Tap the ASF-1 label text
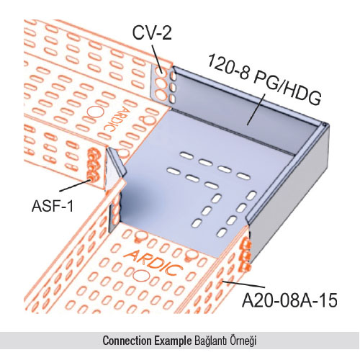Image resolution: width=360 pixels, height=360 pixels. pyautogui.click(x=53, y=206)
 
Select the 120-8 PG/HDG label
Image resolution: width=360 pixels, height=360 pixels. pyautogui.click(x=264, y=79)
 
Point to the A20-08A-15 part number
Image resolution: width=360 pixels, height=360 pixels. pyautogui.click(x=289, y=300)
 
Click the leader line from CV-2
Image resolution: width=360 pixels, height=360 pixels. pyautogui.click(x=158, y=60)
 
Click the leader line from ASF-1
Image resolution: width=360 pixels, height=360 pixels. pyautogui.click(x=75, y=185)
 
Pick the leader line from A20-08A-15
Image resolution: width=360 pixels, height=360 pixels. pyautogui.click(x=243, y=284)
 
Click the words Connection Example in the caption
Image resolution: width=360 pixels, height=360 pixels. pyautogui.click(x=147, y=341)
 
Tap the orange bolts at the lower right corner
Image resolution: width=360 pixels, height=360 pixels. pyautogui.click(x=245, y=255)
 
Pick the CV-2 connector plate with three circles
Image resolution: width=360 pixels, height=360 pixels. pyautogui.click(x=161, y=84)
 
